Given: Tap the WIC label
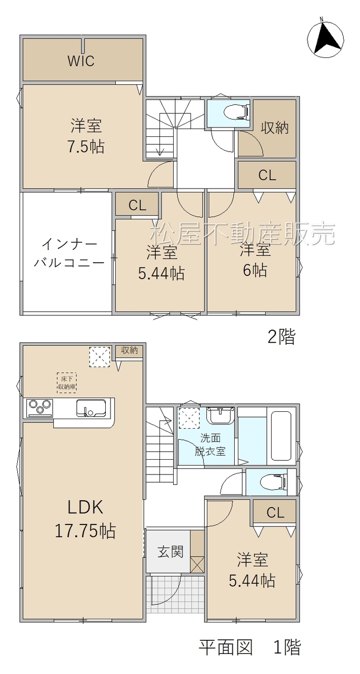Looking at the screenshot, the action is pos(81,61).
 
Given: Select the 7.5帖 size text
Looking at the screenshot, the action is pos(86,147).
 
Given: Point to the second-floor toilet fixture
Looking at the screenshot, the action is pos(237,112).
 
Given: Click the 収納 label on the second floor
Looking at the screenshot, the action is pos(274,128).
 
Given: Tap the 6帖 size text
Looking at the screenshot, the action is pos(255,271).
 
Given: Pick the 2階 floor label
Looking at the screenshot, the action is pos(282,336).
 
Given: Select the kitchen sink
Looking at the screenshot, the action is pos(91,408).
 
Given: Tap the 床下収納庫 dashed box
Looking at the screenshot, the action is pos(67,383).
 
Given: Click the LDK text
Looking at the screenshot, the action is pos(85,507).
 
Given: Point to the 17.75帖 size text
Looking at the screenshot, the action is pos(85,531).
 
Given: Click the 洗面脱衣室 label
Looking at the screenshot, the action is pos(210,445).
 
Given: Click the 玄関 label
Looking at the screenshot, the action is pos(171,551).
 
